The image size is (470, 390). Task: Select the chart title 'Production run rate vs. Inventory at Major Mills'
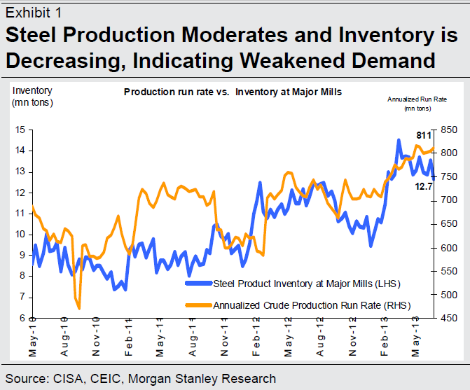point(233,92)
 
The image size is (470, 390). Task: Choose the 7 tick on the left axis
point(23,297)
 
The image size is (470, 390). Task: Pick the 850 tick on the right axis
point(448,130)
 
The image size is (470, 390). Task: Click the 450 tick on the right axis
point(448,318)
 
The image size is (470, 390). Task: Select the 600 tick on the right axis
point(448,248)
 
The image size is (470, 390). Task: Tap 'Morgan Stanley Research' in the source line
point(211,379)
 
